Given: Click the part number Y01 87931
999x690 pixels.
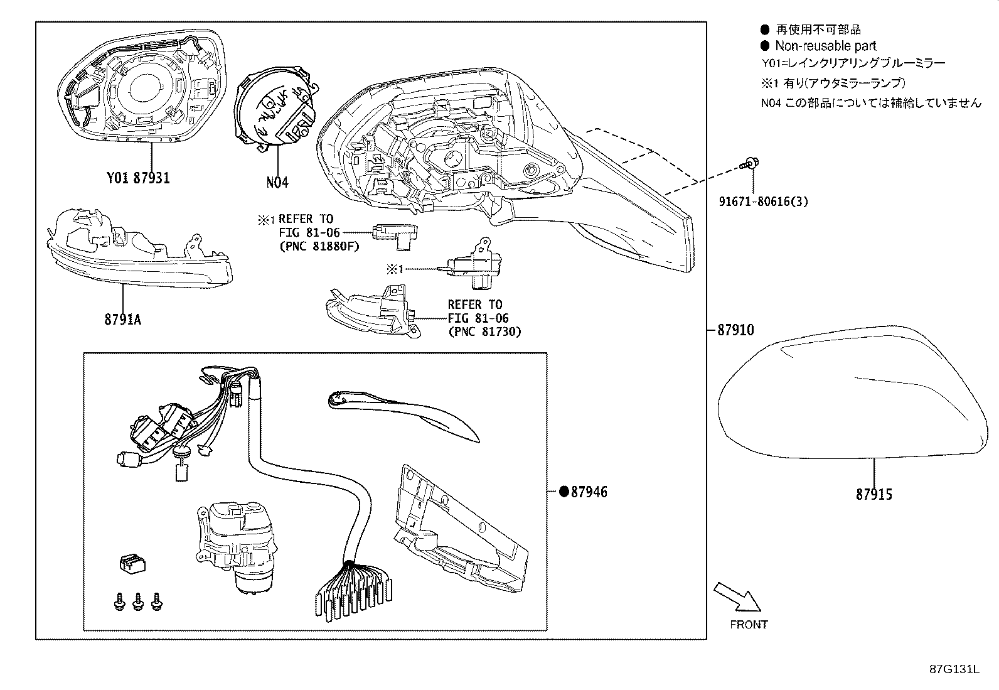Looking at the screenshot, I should coord(137,178).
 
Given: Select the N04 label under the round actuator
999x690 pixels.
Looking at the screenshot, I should coord(277,183).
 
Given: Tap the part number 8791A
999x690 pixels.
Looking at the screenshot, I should coord(122,320).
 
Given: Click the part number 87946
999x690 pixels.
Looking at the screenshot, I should coord(589,492).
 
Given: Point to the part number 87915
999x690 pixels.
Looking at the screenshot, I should coord(873,495).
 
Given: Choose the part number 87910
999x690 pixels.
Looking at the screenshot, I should coord(735,330).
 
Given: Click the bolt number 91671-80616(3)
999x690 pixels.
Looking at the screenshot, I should coord(763,202).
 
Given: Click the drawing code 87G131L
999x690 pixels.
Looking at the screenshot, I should coord(954,669).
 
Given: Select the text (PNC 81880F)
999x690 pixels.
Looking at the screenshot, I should coord(319,246).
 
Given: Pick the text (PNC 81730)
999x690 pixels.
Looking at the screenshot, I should coord(484,332).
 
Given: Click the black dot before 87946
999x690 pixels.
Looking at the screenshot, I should coord(564,492).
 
